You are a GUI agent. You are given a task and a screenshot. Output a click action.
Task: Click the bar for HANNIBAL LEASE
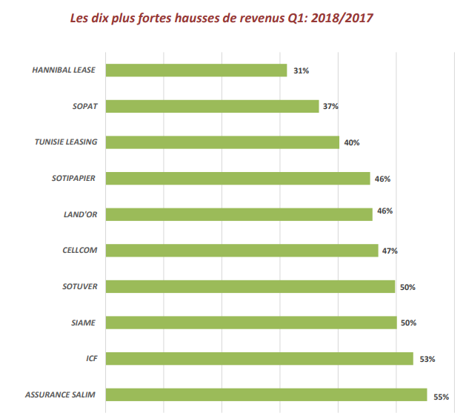[196, 70]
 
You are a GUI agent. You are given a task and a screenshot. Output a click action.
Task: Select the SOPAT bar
[213, 106]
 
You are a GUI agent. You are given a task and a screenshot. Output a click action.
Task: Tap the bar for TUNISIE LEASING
[222, 142]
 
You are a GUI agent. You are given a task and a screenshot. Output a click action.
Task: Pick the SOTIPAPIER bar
[238, 178]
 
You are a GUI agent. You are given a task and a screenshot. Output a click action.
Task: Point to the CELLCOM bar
[242, 251]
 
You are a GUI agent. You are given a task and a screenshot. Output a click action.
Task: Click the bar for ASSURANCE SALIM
[267, 394]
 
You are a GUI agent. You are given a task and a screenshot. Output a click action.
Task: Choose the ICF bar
[259, 359]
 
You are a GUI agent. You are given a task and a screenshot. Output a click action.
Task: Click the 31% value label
[300, 70]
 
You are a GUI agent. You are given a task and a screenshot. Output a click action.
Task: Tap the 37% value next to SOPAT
[330, 106]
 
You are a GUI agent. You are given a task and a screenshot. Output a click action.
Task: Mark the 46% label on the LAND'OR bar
[385, 211]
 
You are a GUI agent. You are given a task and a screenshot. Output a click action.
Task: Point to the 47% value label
[390, 251]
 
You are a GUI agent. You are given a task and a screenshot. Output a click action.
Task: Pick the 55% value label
[442, 397]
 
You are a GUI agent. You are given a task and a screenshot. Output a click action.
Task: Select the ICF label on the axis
[92, 359]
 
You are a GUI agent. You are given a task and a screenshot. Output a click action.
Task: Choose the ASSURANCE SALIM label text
[61, 394]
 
